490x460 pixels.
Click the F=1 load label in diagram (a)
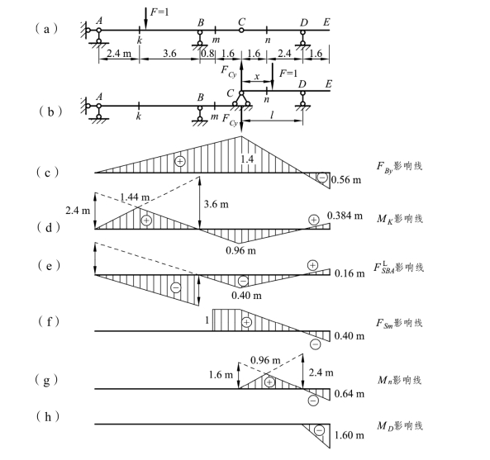(x=159, y=12)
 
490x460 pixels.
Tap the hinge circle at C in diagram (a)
(x=241, y=31)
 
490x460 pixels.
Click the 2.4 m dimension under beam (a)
(x=119, y=54)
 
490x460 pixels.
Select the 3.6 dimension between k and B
(x=169, y=54)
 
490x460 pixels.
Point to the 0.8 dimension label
(x=207, y=54)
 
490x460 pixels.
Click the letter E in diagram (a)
(x=326, y=22)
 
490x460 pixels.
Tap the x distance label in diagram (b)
(x=257, y=76)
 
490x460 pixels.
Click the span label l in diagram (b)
(x=272, y=116)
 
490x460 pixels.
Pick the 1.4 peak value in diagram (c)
(x=247, y=159)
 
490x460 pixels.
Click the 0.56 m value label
(x=346, y=180)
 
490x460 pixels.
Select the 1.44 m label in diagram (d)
(x=135, y=197)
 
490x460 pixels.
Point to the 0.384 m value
(x=345, y=216)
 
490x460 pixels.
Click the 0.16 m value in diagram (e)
(x=350, y=273)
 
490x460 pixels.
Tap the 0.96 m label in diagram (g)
(x=265, y=360)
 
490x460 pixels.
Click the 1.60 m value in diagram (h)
(x=350, y=435)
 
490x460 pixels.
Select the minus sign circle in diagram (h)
(x=319, y=430)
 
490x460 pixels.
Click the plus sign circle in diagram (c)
(x=180, y=161)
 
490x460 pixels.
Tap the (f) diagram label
(x=49, y=321)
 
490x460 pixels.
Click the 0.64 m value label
(x=350, y=394)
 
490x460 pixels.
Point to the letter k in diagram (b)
(x=139, y=116)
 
